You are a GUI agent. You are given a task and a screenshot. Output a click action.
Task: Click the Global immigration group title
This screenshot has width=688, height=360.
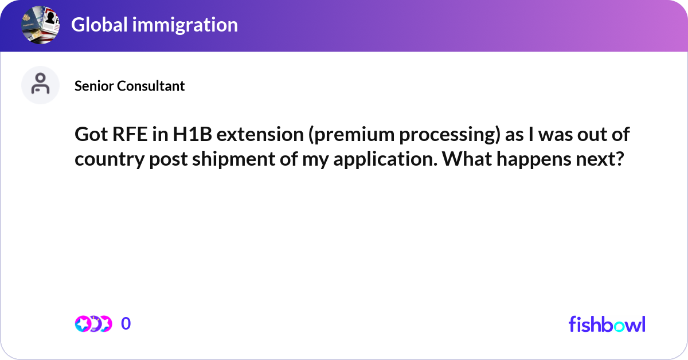point(154,25)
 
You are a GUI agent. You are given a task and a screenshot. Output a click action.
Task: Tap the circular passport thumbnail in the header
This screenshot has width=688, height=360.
point(40,24)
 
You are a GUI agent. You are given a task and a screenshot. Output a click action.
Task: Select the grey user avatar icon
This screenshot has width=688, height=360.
point(40,85)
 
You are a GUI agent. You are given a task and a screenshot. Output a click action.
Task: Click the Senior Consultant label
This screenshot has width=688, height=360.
point(130,86)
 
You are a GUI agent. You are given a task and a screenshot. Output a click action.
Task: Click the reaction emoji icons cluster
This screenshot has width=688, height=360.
point(93,324)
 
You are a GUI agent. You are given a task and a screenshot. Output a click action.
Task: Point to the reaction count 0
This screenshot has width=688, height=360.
point(126,324)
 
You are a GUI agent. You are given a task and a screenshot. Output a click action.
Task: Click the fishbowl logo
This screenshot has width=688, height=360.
point(607,324)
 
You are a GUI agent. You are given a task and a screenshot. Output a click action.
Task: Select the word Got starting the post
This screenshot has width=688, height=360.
point(89,135)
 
